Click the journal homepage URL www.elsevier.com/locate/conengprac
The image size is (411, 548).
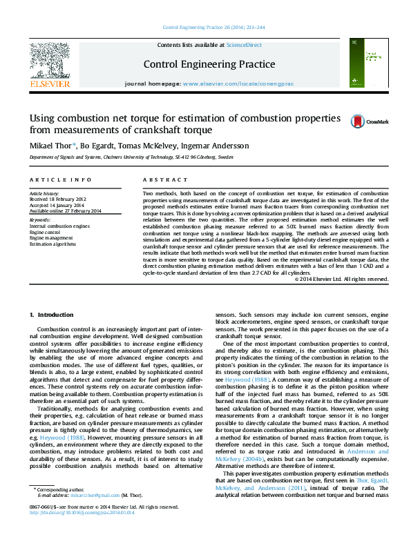[x=240, y=83]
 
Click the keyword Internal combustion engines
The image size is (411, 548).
[x=59, y=226]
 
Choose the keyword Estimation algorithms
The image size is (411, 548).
[x=52, y=244]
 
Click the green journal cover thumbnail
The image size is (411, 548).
[x=363, y=63]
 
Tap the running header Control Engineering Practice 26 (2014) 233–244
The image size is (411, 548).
[x=213, y=28]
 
